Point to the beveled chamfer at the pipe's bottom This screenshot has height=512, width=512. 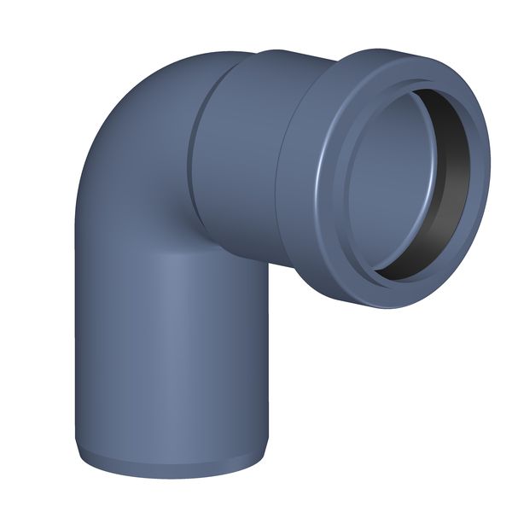tap(171, 466)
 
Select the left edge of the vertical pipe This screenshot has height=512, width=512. tap(78, 341)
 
